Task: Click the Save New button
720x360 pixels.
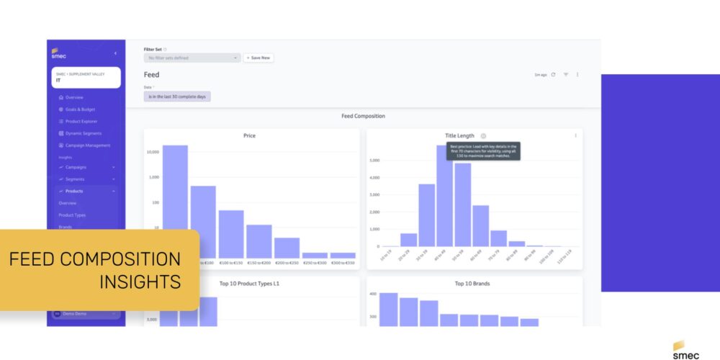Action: click(258, 58)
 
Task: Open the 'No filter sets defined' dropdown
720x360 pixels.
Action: click(192, 58)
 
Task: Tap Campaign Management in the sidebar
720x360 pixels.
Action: click(88, 145)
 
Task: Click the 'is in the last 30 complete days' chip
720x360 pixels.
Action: click(177, 96)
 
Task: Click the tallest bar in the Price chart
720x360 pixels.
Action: click(175, 202)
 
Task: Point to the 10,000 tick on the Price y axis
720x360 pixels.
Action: click(153, 152)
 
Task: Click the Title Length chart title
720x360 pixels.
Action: click(460, 135)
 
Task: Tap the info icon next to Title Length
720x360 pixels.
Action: click(483, 135)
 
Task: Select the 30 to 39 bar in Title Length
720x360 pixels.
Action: click(427, 215)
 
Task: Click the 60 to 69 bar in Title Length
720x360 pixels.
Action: click(480, 226)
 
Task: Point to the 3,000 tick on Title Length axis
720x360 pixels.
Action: click(374, 194)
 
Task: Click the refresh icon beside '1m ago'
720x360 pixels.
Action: click(553, 74)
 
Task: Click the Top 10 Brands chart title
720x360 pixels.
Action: click(472, 284)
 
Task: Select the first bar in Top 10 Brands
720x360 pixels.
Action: click(388, 310)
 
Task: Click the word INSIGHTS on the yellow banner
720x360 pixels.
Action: click(140, 281)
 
